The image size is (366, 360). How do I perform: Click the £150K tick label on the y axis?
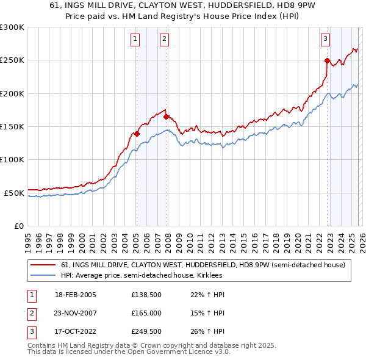click(12, 126)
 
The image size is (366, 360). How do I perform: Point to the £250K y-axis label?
click(12, 60)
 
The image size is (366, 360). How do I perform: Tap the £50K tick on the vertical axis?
click(14, 192)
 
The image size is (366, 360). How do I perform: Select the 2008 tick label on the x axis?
click(168, 238)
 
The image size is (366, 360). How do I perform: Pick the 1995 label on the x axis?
click(28, 238)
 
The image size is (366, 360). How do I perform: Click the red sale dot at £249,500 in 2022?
click(327, 60)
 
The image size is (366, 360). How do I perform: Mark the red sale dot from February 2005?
click(137, 134)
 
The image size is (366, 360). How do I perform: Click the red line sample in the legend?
click(45, 265)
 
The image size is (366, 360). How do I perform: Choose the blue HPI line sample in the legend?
click(45, 276)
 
